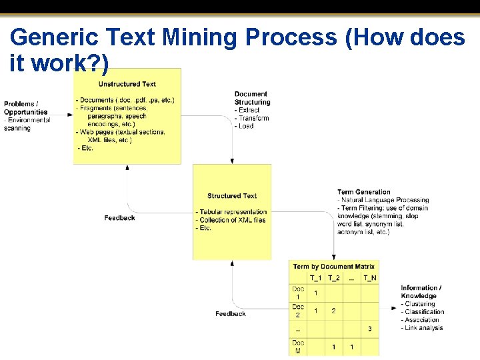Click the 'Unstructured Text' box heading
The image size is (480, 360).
127,84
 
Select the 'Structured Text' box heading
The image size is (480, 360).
232,196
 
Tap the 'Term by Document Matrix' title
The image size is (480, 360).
334,267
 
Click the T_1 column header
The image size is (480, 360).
316,278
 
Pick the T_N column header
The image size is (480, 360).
369,278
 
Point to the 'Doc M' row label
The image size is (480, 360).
298,347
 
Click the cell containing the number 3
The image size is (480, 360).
369,329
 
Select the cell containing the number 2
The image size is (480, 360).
333,311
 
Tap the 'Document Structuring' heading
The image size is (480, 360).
252,98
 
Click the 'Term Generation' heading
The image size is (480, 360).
364,192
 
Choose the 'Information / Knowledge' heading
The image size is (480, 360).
421,292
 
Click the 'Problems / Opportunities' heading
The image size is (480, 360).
26,108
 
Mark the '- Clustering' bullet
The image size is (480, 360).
418,304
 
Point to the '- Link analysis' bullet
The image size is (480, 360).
422,328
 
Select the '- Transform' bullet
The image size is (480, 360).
252,118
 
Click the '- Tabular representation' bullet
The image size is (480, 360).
231,212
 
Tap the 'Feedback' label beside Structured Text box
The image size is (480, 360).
120,218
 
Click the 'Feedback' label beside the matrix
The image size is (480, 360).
231,313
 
